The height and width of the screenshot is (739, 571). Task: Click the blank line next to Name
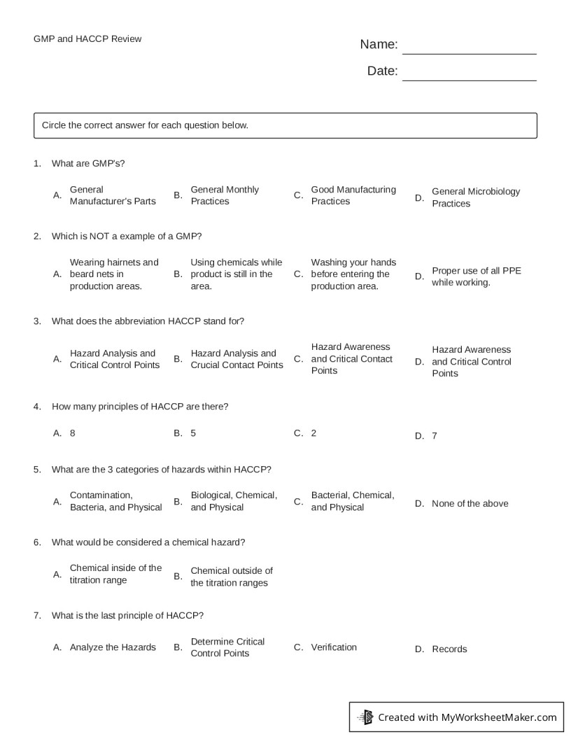point(469,48)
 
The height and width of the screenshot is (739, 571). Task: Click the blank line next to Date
point(469,75)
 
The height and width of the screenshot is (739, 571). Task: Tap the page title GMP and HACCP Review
point(87,39)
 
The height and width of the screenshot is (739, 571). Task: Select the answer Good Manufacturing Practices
point(353,195)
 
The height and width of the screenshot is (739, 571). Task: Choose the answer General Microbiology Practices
point(475,197)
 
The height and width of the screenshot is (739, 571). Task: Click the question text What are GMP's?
point(88,163)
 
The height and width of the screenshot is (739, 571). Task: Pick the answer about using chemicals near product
point(236,274)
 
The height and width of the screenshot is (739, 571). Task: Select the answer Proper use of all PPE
point(476,276)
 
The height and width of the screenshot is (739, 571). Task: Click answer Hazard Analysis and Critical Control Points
point(114,359)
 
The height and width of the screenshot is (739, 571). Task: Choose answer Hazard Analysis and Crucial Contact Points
point(237,359)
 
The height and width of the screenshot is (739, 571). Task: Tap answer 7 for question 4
point(434,436)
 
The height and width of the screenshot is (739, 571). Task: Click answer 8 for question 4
point(73,433)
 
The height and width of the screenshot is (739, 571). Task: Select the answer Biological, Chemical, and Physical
point(234,501)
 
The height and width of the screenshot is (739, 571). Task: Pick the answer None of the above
point(470,503)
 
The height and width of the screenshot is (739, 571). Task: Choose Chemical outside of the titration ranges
point(231,577)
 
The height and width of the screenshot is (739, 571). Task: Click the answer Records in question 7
point(449,649)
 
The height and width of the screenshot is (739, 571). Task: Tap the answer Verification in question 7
point(334,647)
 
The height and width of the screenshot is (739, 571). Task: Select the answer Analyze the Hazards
point(113,647)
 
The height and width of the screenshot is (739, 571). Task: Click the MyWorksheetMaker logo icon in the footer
point(365,717)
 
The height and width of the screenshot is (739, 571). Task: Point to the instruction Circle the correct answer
point(145,125)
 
